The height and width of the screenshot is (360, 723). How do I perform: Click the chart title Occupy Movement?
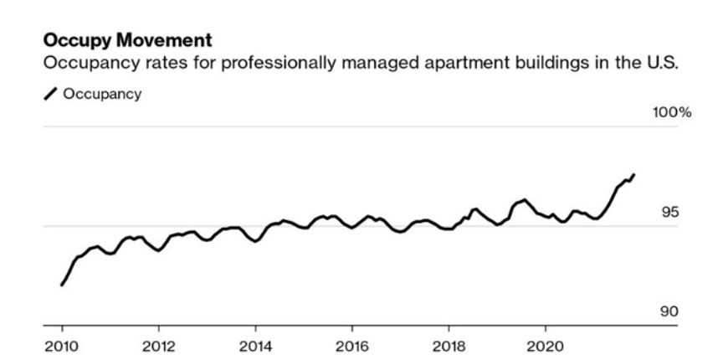(x=127, y=40)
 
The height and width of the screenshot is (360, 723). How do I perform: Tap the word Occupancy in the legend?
(x=102, y=94)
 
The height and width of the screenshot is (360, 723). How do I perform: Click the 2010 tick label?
(x=61, y=345)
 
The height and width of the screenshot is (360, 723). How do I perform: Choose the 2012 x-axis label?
(x=158, y=345)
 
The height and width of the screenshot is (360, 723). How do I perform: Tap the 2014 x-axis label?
(x=255, y=345)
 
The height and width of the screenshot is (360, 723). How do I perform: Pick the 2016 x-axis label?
(x=352, y=345)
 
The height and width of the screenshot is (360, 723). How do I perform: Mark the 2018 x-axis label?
(x=449, y=345)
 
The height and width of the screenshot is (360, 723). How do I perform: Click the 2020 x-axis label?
(x=546, y=345)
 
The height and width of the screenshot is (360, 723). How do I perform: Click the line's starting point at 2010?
(x=62, y=285)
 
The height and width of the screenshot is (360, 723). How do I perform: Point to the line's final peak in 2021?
(x=634, y=174)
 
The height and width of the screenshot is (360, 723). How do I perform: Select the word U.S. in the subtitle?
(x=659, y=64)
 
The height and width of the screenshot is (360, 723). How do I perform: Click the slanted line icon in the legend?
(x=51, y=94)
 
